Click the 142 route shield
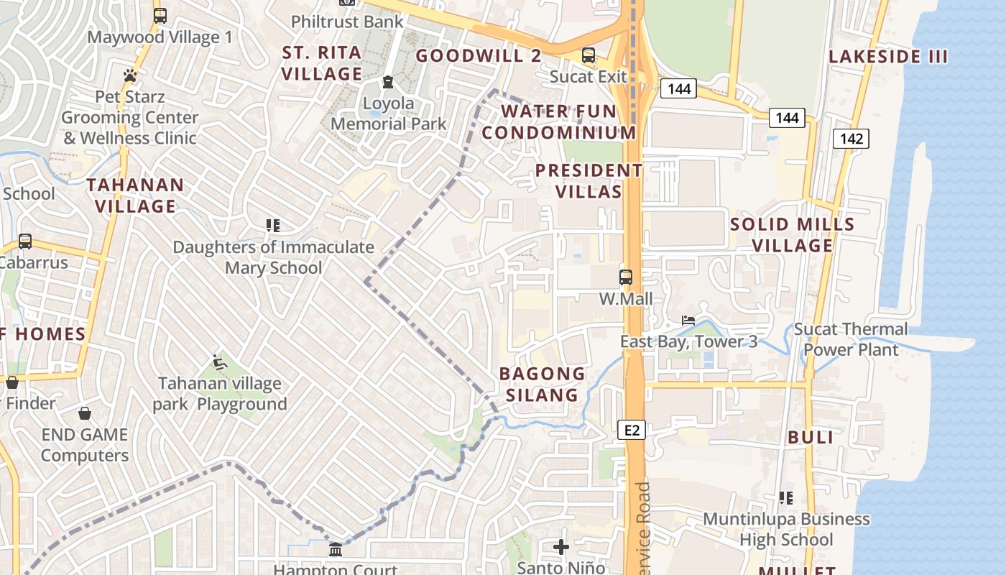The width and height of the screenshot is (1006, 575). click(851, 138)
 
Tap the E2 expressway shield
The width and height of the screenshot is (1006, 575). click(632, 430)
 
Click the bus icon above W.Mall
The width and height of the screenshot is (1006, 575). click(626, 277)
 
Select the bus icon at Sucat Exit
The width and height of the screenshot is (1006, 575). click(589, 55)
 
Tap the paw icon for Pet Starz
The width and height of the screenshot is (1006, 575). click(130, 75)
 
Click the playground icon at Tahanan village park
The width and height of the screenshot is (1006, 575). click(220, 363)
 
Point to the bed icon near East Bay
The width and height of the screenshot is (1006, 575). click(688, 320)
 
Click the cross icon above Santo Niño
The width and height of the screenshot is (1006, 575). click(561, 547)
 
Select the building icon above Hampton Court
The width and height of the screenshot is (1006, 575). click(336, 550)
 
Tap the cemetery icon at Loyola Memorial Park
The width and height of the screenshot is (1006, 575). click(388, 82)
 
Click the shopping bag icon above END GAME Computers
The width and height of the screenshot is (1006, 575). click(85, 413)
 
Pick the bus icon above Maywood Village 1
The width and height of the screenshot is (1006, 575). click(160, 15)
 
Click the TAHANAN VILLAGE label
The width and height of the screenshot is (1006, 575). click(135, 195)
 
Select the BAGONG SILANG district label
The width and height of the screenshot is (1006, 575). click(543, 384)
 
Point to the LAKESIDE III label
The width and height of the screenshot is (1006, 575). click(888, 57)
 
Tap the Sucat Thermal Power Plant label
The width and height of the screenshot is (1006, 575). click(851, 339)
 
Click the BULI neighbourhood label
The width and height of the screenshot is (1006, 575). click(811, 437)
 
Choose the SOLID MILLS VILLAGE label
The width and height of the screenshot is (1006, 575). click(793, 235)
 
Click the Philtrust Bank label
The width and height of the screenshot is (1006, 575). click(347, 22)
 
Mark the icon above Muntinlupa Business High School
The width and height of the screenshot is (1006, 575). click(786, 497)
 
